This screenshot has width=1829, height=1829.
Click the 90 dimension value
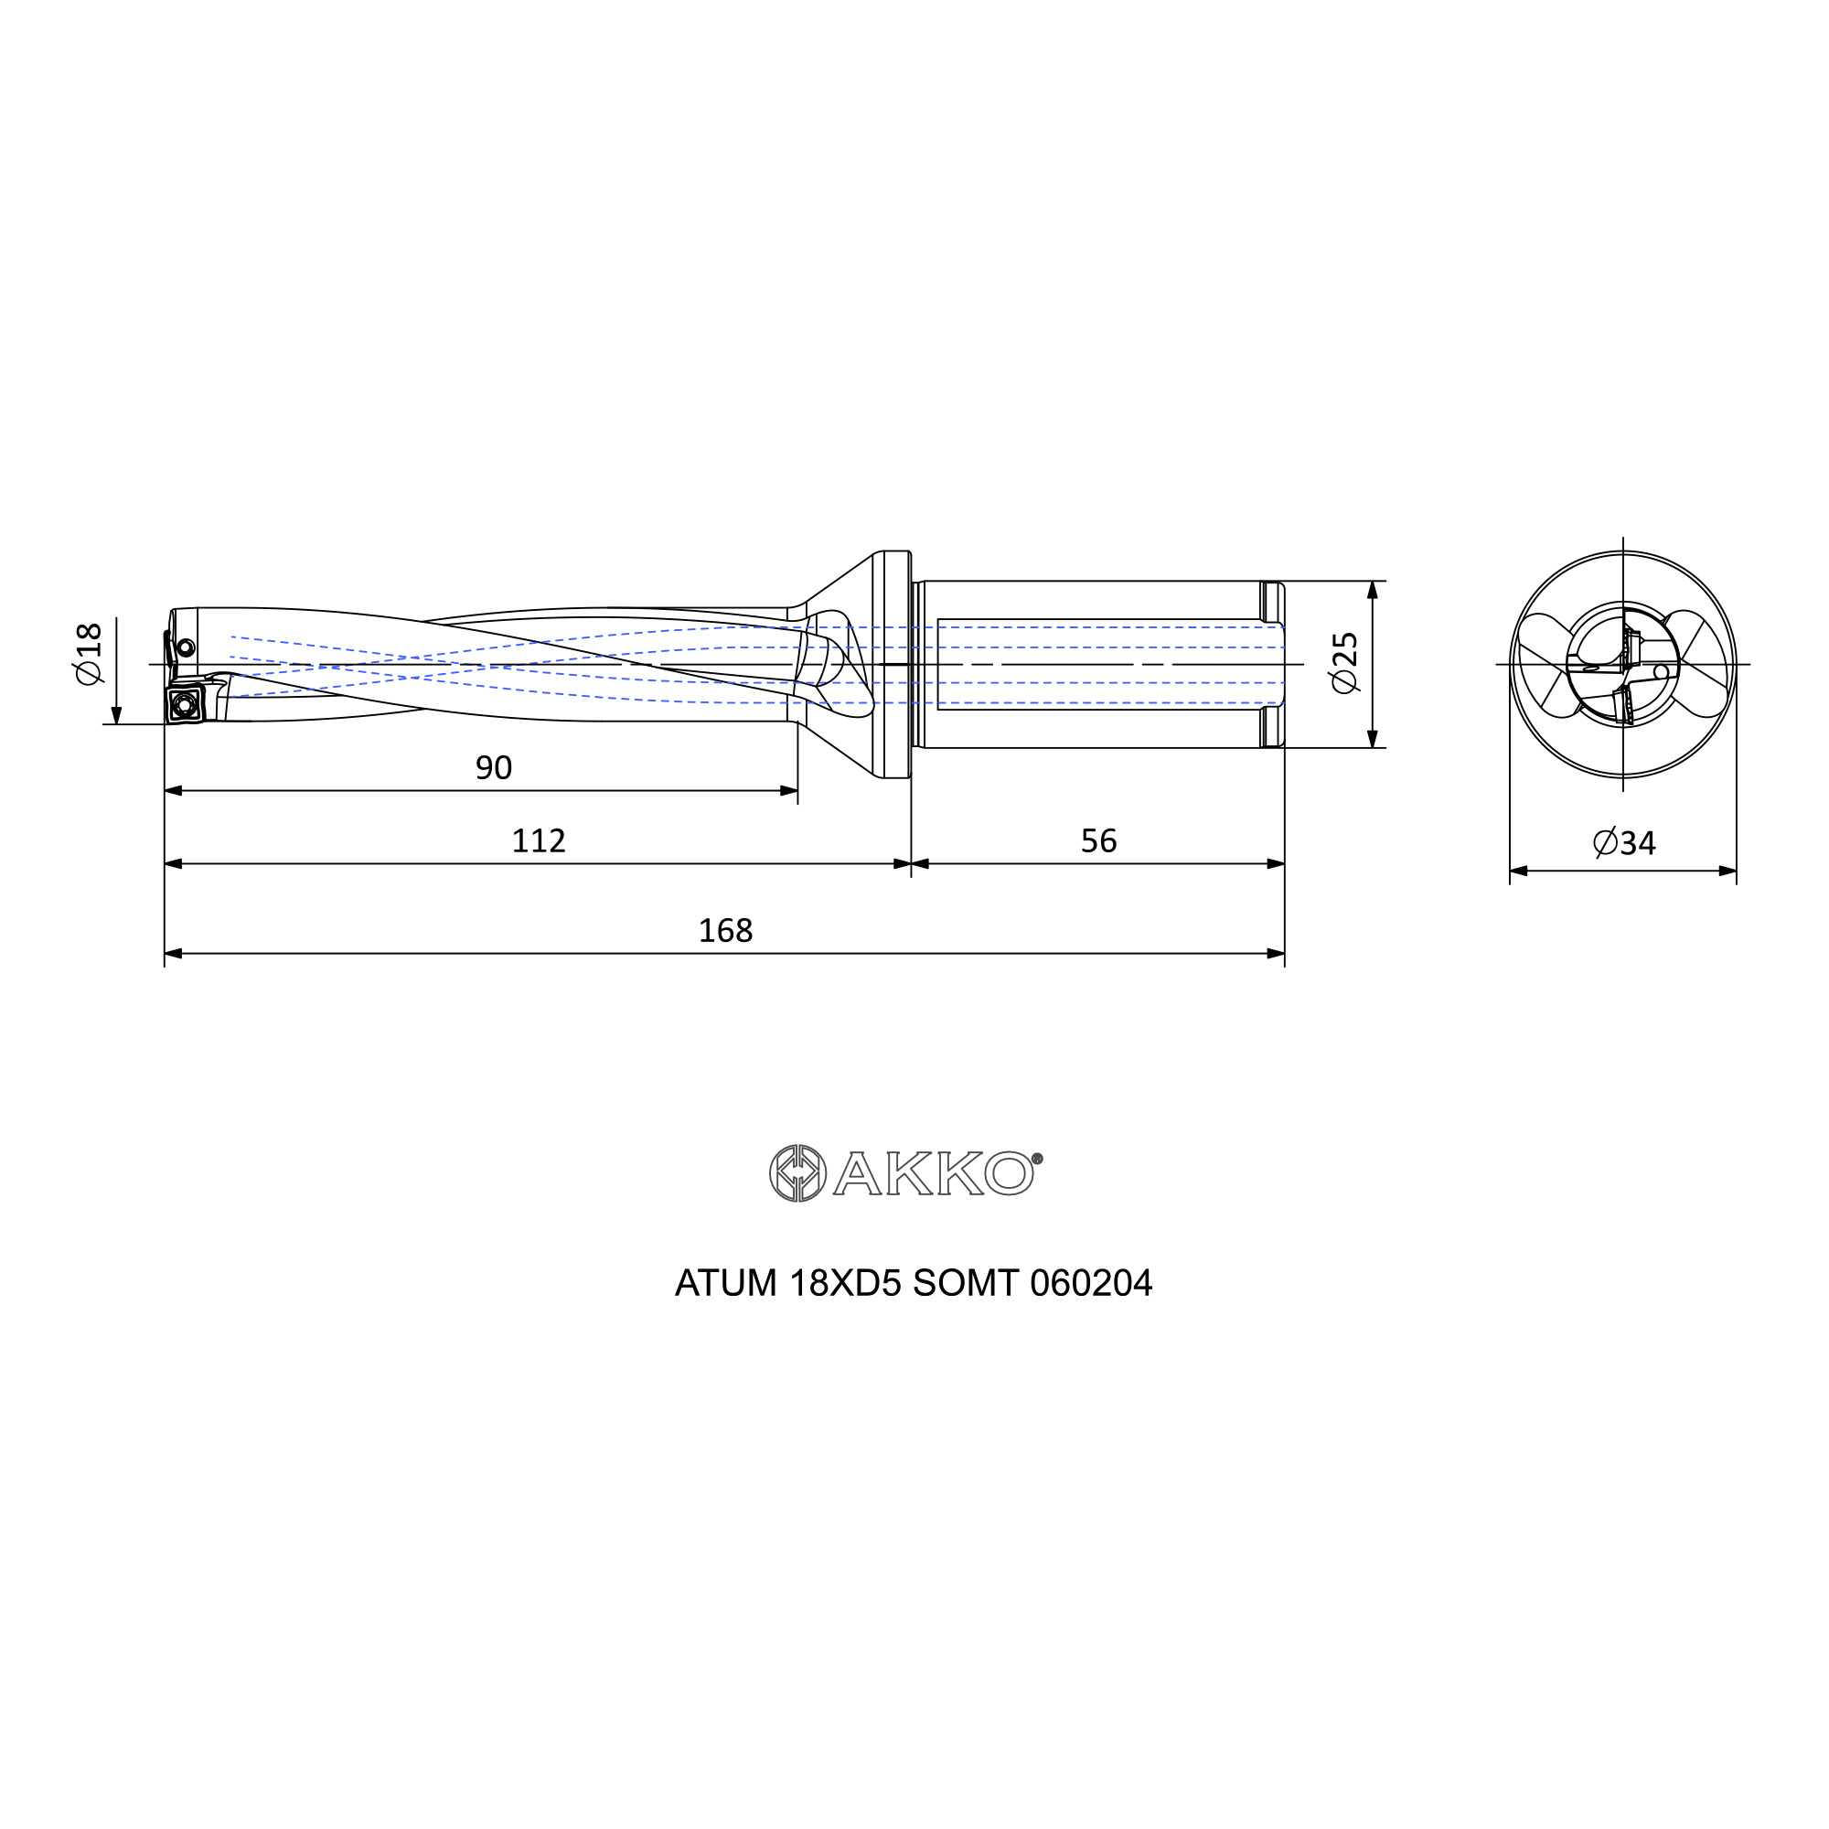(493, 768)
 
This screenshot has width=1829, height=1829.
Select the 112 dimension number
(539, 840)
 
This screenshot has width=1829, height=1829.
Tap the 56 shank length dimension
(1099, 840)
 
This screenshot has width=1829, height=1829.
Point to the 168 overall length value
(725, 931)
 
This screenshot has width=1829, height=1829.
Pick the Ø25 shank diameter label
(1345, 663)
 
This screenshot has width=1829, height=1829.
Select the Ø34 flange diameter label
(1624, 842)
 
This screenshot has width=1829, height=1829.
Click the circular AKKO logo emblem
(798, 1174)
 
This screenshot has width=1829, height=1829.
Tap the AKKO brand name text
(934, 1174)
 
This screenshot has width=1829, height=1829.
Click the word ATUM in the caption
(725, 1284)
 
